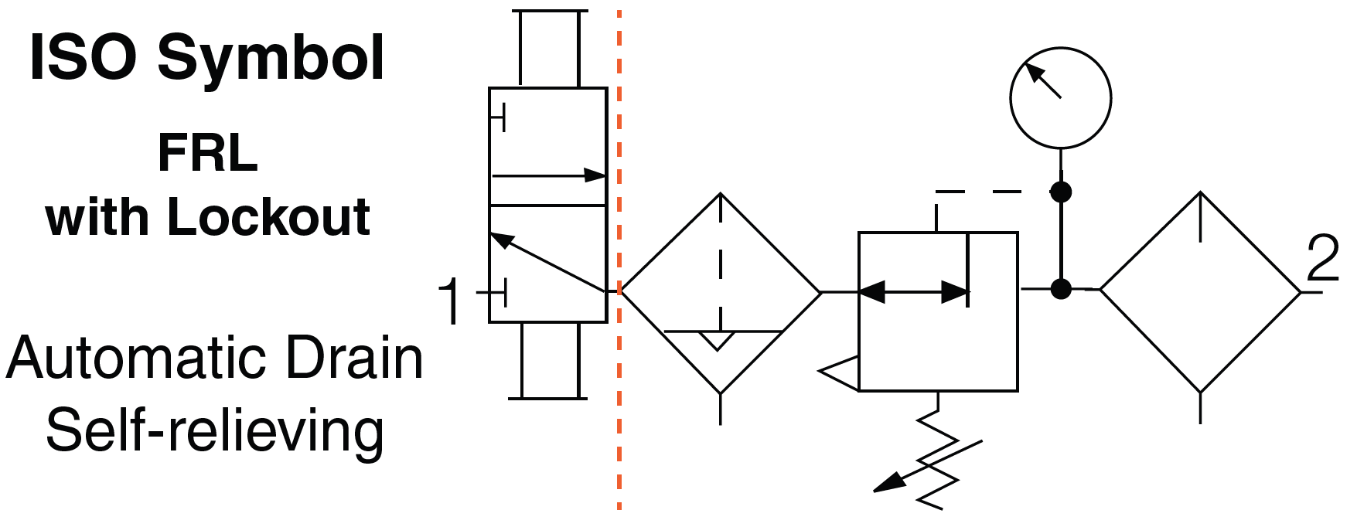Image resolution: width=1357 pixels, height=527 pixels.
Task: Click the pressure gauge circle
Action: (x=1060, y=97)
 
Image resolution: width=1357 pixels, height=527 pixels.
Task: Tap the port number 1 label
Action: (x=450, y=303)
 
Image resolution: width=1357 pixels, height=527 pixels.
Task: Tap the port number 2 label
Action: (x=1322, y=260)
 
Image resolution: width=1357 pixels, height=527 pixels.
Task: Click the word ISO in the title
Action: (x=84, y=59)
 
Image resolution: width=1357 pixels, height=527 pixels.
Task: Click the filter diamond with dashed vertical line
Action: (x=721, y=292)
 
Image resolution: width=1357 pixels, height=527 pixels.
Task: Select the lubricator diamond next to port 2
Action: (x=1200, y=292)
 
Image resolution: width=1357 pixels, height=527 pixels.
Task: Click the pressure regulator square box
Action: (x=938, y=311)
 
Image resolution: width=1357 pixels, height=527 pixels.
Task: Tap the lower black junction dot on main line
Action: (x=1061, y=290)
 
